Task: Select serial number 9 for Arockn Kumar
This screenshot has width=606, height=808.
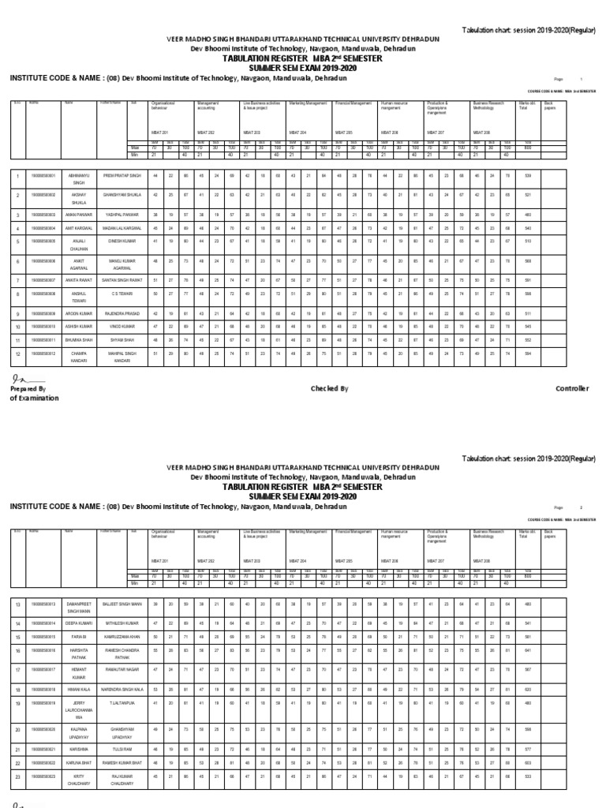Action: point(18,313)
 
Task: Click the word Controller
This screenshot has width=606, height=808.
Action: point(572,389)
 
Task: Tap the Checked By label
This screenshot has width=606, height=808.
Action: point(329,389)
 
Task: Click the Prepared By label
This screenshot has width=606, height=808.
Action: point(28,389)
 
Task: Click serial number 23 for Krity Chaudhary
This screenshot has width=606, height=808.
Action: point(18,776)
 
